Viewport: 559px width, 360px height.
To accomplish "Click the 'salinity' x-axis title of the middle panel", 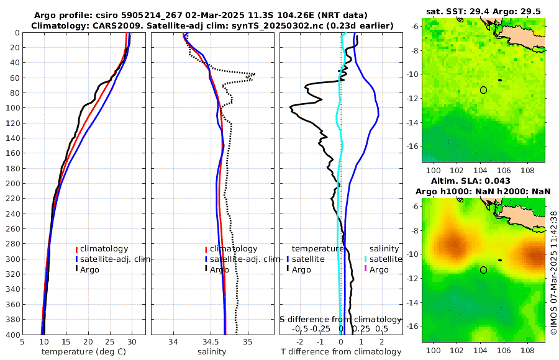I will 212,352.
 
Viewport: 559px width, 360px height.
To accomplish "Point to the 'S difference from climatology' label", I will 340,318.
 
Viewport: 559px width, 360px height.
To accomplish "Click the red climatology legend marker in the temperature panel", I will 76,249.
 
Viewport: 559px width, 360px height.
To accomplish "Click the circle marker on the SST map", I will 483,90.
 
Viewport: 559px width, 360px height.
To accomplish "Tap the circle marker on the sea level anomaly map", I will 483,270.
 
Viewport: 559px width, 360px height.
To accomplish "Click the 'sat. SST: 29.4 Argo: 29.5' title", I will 484,12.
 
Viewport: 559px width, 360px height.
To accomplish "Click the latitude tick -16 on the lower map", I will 414,326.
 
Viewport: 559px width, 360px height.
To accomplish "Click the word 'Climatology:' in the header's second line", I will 57,25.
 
